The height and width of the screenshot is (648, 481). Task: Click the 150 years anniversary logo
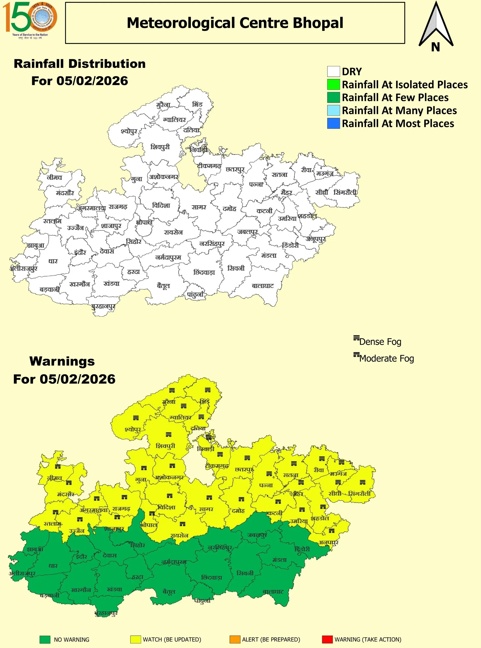30,20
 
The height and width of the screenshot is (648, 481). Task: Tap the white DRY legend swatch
333,72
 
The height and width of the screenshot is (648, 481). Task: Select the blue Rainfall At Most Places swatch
333,123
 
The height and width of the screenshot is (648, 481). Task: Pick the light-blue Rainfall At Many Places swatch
333,110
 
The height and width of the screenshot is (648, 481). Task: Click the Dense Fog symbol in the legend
356,338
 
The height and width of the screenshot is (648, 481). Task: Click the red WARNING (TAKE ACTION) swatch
327,639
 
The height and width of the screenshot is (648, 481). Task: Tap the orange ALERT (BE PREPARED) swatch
235,639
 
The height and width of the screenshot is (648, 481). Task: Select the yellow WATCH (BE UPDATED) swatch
136,639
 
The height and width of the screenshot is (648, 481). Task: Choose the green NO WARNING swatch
45,639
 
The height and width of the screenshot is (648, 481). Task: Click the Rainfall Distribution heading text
80,64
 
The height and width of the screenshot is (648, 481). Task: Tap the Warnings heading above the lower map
62,361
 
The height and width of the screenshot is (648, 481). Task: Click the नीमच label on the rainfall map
54,177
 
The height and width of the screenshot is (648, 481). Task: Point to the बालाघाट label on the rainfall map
263,286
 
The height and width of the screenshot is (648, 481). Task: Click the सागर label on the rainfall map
199,207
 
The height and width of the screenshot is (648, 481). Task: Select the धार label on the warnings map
53,566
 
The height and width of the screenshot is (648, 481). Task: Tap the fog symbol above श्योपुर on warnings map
136,418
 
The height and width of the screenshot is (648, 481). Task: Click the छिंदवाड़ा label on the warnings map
212,578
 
